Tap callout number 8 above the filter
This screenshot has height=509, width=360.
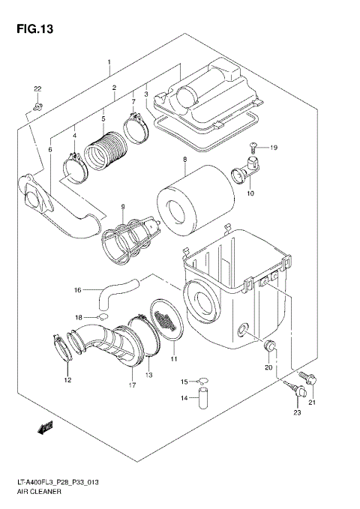184,160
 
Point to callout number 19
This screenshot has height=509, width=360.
275,148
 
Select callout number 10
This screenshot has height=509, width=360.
250,193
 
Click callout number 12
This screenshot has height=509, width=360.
67,380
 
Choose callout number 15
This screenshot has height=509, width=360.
184,382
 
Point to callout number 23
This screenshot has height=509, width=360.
296,412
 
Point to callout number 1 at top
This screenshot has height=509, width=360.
109,61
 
